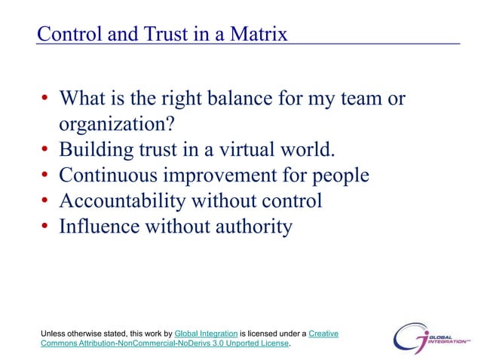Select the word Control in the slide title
[x=67, y=35]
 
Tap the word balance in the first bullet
[x=260, y=99]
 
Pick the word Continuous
[x=106, y=175]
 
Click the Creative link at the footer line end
[x=323, y=333]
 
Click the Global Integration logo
[x=430, y=337]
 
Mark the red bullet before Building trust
[x=45, y=151]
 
